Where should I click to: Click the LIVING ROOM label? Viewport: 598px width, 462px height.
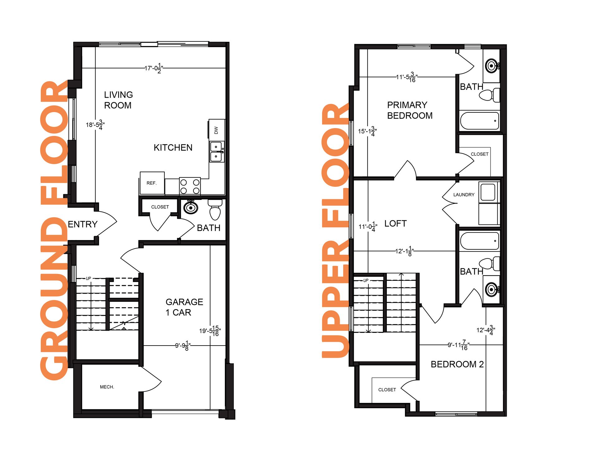pos(118,100)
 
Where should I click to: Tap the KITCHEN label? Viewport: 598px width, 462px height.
pos(173,148)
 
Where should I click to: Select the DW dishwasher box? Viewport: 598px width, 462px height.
pos(216,130)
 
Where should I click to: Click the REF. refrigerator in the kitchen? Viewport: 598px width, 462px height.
pos(152,183)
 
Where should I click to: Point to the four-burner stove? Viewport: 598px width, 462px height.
pos(190,186)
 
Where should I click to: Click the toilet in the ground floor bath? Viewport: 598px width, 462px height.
pos(215,210)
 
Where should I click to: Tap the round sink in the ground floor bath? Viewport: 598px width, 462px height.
pos(191,208)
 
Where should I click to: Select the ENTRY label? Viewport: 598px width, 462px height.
pos(83,224)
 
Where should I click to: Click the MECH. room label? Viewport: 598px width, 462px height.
pos(107,387)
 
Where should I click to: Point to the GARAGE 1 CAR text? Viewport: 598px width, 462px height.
pos(184,307)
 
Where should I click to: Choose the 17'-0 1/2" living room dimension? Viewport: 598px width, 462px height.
pos(154,68)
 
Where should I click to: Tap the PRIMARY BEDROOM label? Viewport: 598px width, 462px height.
pos(409,110)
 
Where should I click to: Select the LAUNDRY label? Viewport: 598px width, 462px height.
pos(463,195)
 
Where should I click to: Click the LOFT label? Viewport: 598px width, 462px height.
pos(395,224)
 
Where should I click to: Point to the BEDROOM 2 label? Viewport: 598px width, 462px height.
pos(457,364)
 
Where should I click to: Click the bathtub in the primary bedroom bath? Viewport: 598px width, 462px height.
pos(479,120)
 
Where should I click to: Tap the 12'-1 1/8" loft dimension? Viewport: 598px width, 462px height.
pos(404,251)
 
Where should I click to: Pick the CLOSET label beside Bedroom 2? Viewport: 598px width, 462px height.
pos(387,390)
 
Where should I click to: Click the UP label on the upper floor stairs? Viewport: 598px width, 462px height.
pos(366,280)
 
